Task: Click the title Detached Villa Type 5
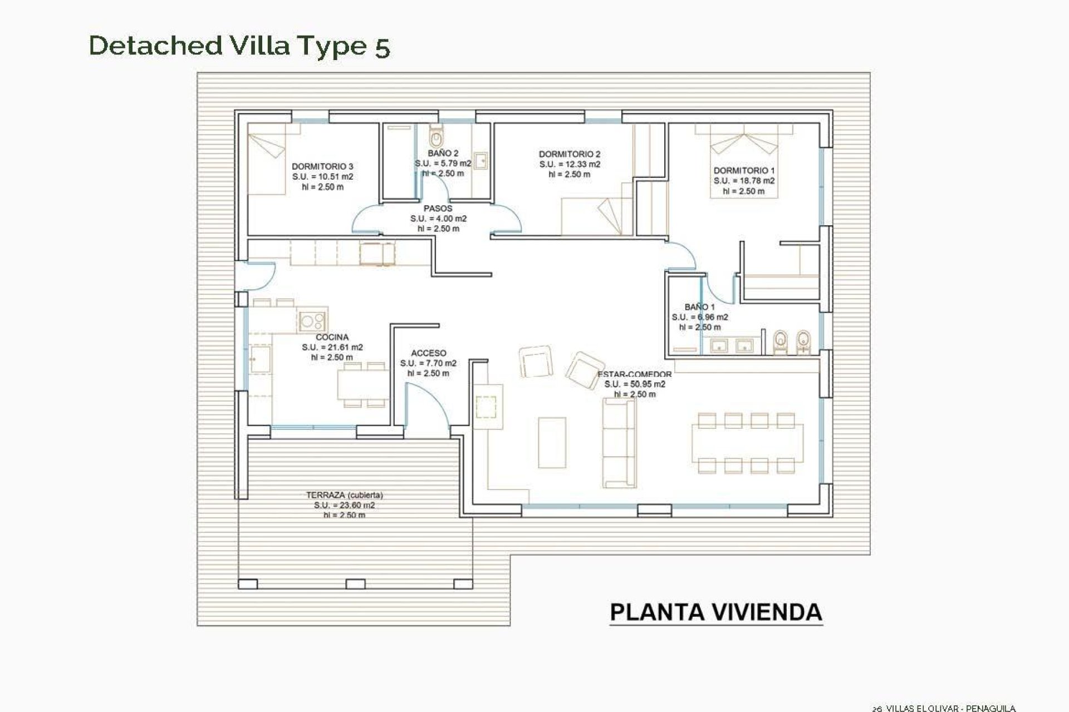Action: click(x=239, y=46)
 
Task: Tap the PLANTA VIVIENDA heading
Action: click(x=716, y=612)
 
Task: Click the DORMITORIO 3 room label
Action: click(x=322, y=166)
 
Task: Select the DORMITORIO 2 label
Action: click(x=569, y=154)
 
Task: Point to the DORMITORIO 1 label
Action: click(x=744, y=171)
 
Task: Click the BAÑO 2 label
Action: click(x=443, y=153)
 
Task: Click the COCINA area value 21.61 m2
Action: click(x=332, y=347)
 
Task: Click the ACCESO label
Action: click(x=428, y=353)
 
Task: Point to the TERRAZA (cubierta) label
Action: click(x=344, y=495)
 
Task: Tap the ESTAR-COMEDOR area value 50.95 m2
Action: click(x=635, y=384)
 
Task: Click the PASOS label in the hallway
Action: click(x=438, y=209)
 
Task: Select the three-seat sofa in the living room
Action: click(x=619, y=436)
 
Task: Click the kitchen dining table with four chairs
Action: click(x=362, y=385)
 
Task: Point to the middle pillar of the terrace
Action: click(x=355, y=584)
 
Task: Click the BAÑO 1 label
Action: click(x=699, y=307)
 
